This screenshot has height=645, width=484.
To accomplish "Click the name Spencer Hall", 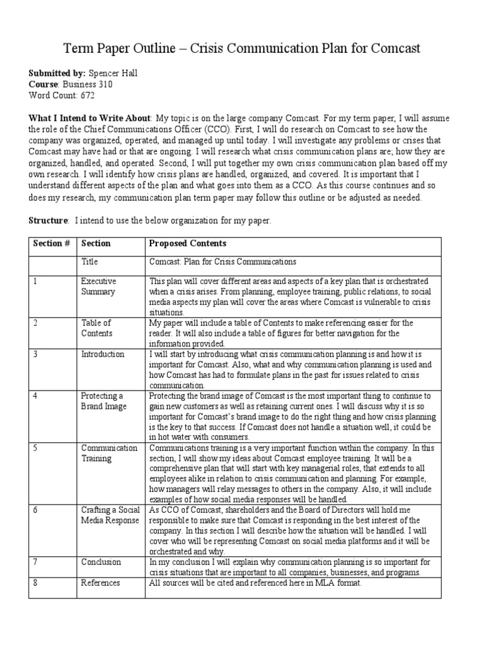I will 113,73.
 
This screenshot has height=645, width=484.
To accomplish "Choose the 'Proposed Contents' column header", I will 188,243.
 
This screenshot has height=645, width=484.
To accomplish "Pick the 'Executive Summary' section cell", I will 99,287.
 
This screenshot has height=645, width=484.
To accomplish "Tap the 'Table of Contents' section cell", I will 96,328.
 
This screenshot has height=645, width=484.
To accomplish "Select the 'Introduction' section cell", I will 103,354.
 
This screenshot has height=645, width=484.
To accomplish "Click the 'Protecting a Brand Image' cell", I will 103,401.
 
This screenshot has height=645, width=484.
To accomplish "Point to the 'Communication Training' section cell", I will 109,453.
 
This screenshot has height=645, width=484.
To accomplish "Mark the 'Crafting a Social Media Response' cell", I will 111,514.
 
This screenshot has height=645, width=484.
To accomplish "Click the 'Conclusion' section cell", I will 101,561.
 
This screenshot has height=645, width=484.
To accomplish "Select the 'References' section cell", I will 100,583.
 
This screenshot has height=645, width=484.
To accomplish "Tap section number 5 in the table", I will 36,448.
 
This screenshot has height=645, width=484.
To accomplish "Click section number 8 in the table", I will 36,583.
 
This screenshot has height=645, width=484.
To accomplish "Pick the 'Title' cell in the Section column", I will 90,261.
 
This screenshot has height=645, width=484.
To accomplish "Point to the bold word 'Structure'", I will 48,220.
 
